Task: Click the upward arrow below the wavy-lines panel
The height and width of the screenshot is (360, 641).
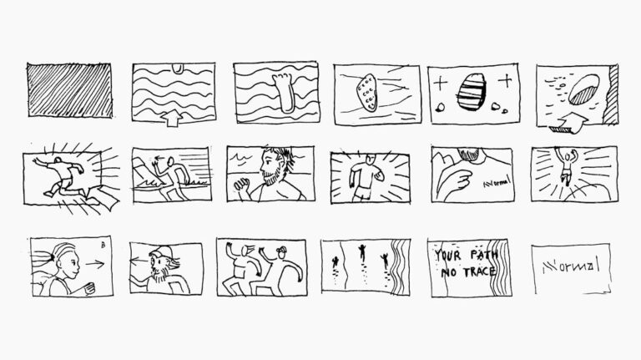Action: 172,118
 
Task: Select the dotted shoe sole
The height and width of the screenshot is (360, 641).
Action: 366,93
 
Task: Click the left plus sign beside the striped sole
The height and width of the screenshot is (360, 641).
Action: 440,84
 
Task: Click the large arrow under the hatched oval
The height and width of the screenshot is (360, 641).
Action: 568,124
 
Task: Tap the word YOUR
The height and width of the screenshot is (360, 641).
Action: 447,256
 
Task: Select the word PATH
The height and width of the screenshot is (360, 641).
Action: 484,255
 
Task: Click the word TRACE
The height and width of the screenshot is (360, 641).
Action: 480,271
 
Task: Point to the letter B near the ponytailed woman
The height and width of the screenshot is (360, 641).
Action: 103,245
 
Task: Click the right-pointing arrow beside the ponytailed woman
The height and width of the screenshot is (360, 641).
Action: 95,264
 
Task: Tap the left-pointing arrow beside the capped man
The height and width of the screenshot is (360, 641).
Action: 139,260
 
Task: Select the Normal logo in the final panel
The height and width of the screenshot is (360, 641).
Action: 571,266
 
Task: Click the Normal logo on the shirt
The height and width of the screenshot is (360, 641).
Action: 497,182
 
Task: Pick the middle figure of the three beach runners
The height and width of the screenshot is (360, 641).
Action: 361,253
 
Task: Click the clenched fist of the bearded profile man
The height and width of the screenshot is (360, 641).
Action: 240,185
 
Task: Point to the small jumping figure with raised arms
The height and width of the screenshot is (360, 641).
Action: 566,165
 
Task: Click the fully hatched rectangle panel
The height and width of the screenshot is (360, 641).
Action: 69,90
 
